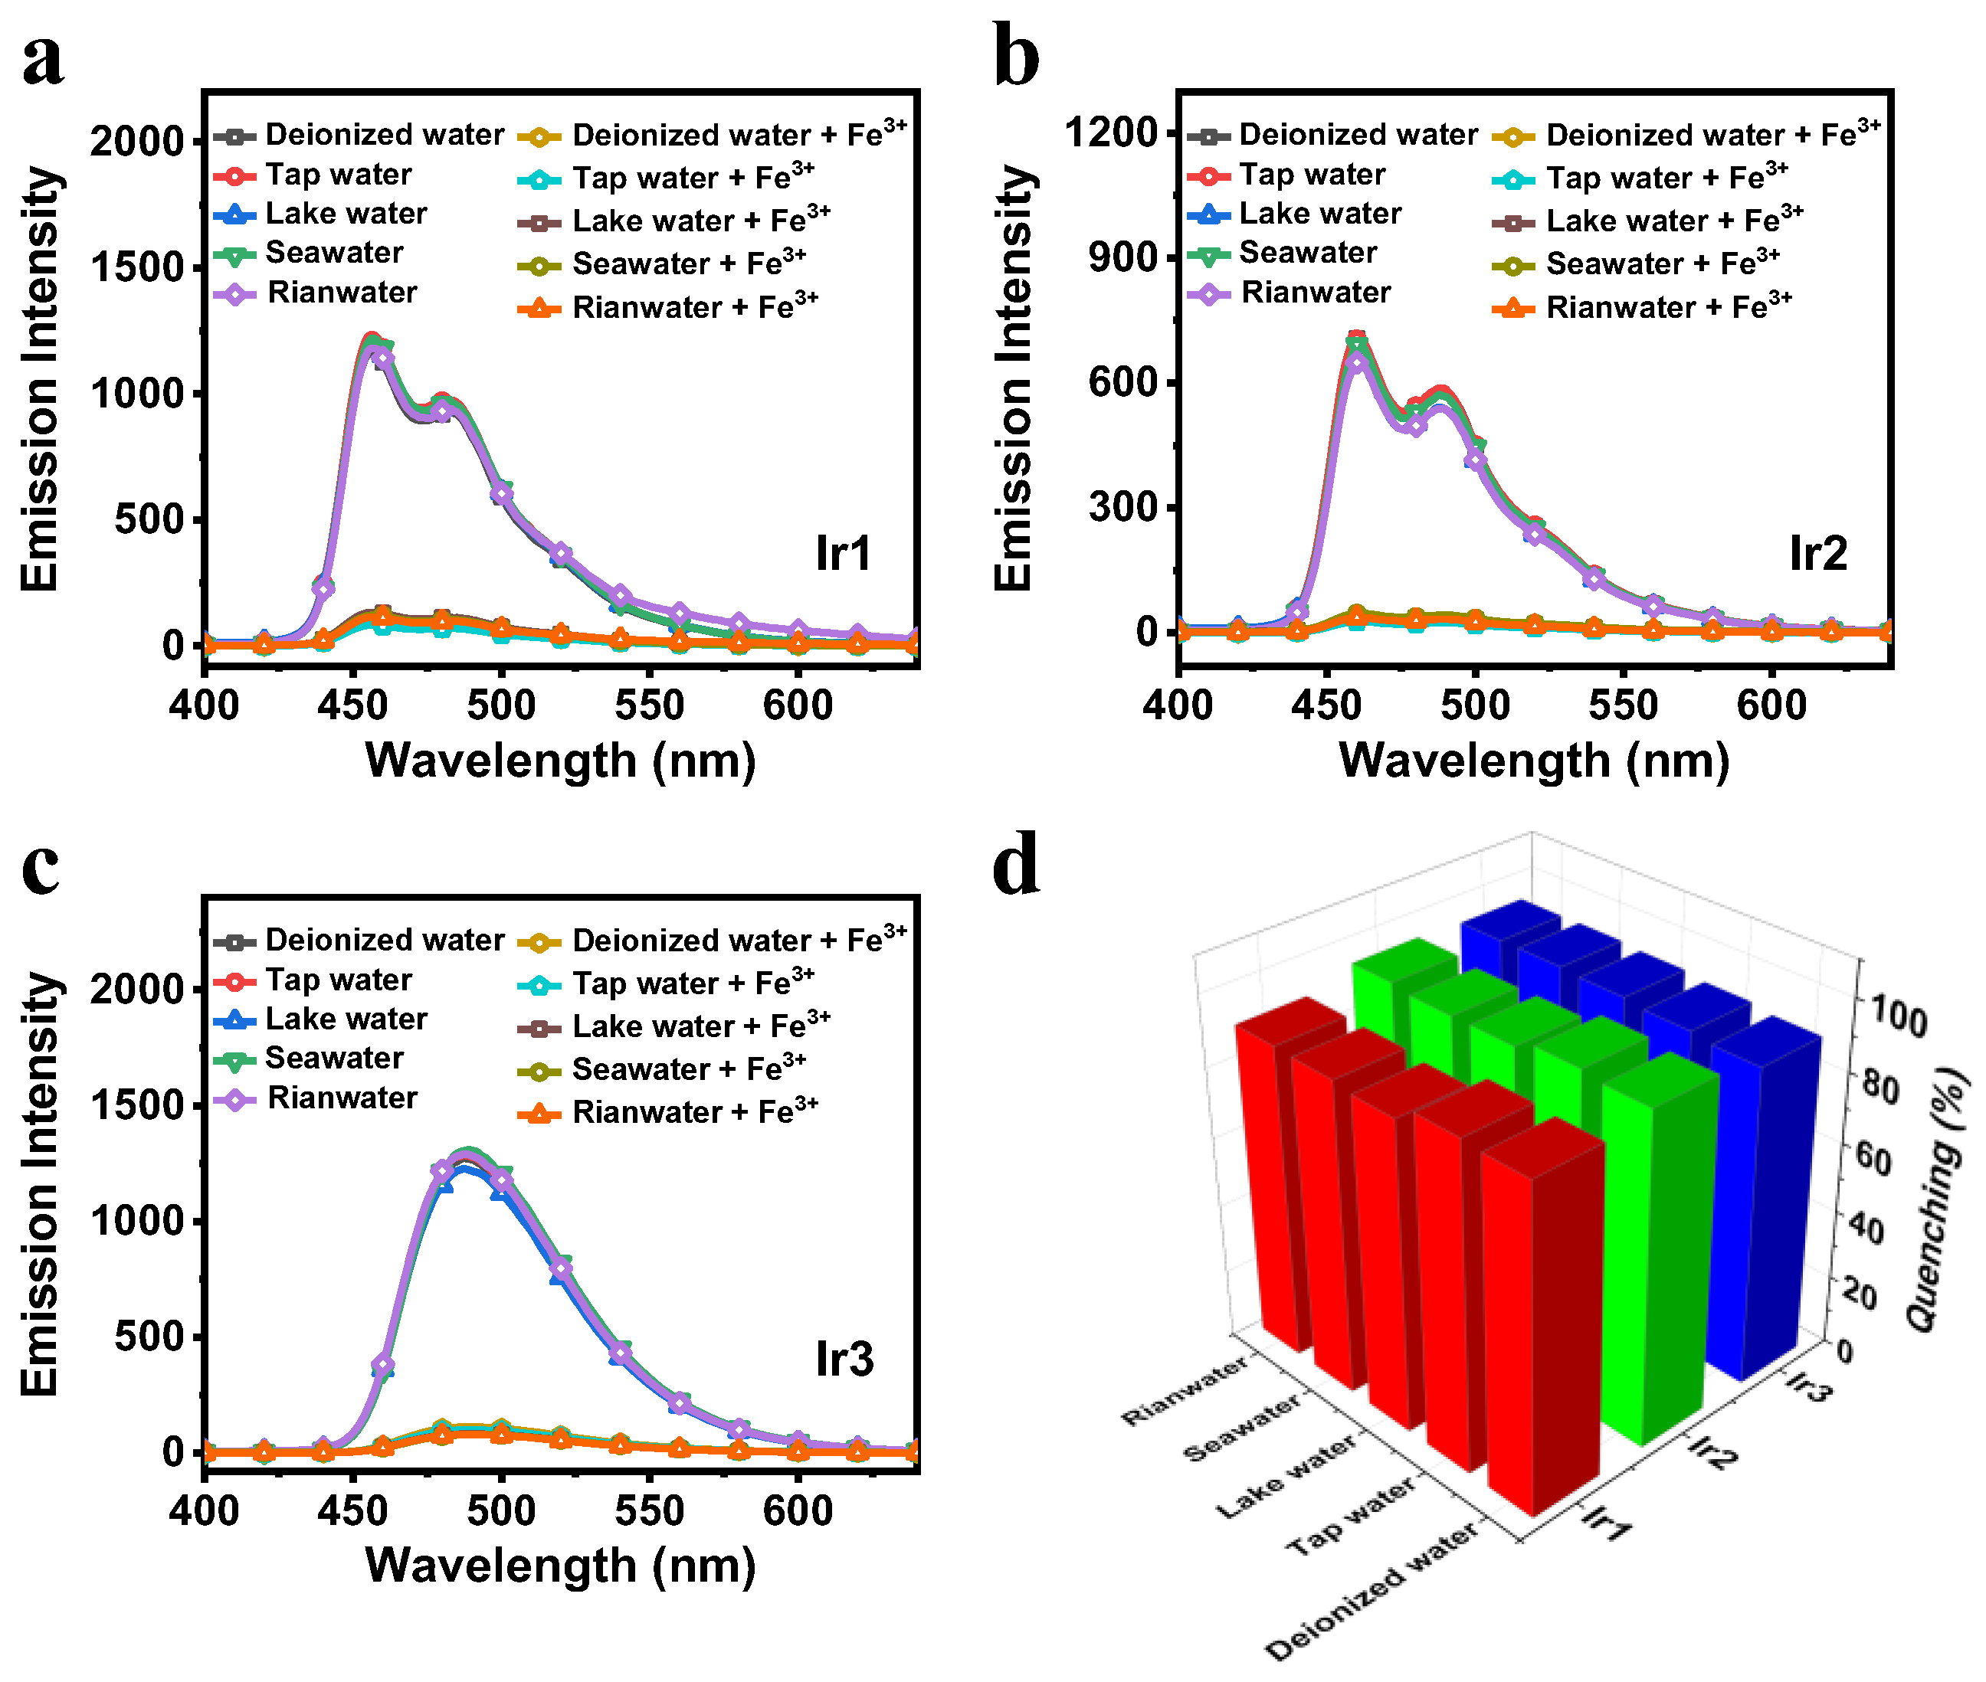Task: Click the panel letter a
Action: tap(43, 59)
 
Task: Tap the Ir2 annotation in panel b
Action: tap(1817, 554)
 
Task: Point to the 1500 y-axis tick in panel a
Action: tap(136, 268)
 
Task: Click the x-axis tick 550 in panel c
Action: tap(650, 1511)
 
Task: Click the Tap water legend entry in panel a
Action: tap(338, 175)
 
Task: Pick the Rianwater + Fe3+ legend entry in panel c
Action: tap(693, 1112)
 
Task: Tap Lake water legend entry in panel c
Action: tap(346, 1019)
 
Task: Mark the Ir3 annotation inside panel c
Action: tap(844, 1359)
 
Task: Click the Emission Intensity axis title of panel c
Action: tap(40, 1184)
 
